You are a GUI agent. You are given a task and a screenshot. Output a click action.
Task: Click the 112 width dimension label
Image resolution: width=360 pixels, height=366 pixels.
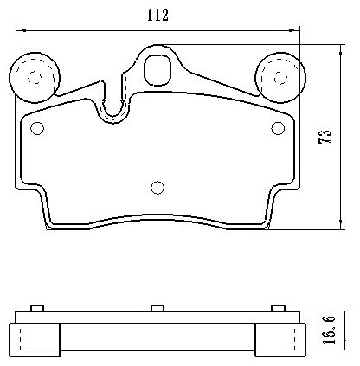157,15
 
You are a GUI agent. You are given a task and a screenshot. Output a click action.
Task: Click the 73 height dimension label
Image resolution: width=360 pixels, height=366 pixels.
325,137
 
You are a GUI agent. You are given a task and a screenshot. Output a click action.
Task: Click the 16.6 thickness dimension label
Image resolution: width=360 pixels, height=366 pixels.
329,330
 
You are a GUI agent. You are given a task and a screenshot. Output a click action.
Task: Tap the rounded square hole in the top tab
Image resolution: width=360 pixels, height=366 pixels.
157,70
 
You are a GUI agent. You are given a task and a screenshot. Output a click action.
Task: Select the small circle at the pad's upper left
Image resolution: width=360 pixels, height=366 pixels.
37,128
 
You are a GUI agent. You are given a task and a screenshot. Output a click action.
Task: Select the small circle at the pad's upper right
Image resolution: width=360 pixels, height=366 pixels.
278,128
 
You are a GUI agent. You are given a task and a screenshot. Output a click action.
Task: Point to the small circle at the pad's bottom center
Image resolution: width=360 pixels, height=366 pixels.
157,188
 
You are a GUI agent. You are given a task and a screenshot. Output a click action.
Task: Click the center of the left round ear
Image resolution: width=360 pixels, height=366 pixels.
35,77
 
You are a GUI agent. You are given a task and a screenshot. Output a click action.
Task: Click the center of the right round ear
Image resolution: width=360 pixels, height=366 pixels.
280,77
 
